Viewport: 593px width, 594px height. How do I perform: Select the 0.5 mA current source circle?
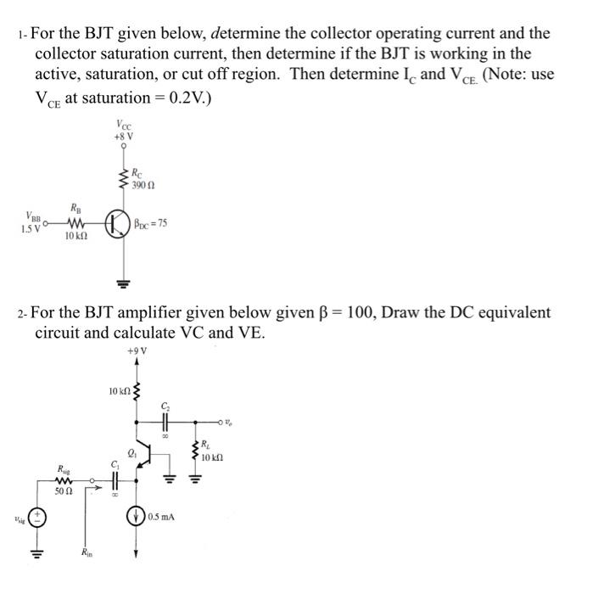(135, 516)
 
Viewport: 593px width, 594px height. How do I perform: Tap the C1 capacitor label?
(115, 462)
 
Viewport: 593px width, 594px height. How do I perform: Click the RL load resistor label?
(206, 444)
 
